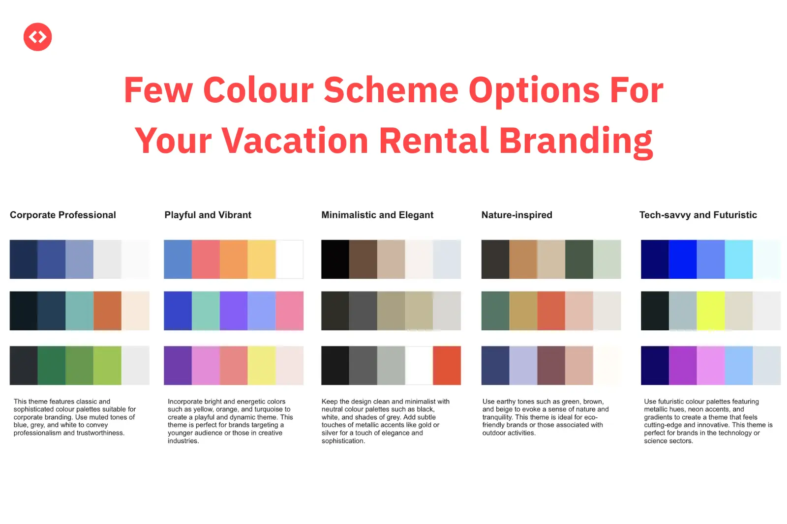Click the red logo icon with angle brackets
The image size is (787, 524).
tap(37, 37)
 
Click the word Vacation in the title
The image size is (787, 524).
tap(295, 141)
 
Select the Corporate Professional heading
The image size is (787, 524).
tap(63, 215)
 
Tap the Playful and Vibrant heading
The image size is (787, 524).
tap(208, 215)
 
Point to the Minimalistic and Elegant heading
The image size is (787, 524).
tap(377, 215)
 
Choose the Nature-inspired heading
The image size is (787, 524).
tap(517, 215)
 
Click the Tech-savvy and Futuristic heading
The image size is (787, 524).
tap(698, 215)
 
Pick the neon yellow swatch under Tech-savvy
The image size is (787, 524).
tap(711, 311)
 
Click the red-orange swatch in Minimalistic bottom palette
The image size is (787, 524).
tap(447, 366)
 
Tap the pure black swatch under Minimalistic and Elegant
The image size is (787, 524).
tap(335, 260)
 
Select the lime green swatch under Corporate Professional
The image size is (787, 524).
tap(108, 366)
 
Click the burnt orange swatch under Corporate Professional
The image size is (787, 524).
tap(108, 311)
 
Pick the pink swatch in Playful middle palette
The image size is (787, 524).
tap(290, 311)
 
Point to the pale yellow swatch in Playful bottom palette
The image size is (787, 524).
tap(262, 366)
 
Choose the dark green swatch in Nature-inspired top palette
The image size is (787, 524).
tap(579, 260)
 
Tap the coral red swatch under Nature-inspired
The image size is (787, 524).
tap(551, 311)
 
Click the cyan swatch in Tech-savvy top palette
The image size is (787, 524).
tap(739, 260)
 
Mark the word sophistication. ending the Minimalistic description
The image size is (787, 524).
tap(343, 441)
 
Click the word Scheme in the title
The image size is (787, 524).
tap(391, 90)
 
